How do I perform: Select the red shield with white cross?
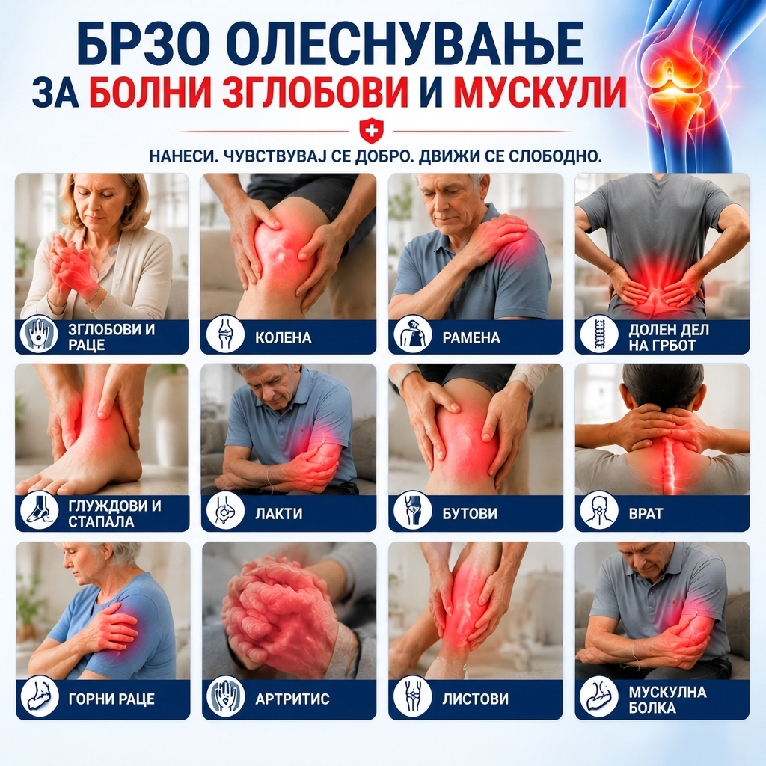click(371, 131)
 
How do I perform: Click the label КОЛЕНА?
click(283, 337)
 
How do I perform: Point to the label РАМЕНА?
click(471, 337)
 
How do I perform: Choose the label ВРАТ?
click(646, 513)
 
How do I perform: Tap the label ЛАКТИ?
click(278, 513)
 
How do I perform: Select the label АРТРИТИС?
click(292, 699)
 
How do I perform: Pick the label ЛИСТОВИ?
click(475, 699)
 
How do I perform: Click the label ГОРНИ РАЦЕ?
click(112, 699)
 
